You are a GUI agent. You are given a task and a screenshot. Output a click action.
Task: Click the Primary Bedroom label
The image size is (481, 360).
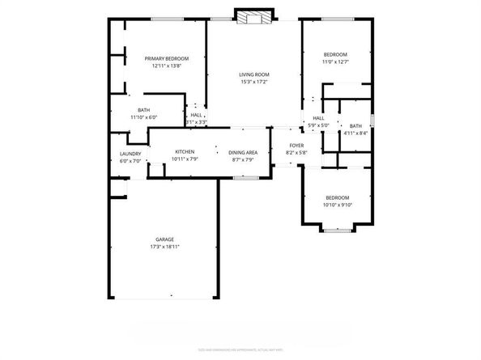[167, 58]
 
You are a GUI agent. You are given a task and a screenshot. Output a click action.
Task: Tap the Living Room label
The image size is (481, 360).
[254, 74]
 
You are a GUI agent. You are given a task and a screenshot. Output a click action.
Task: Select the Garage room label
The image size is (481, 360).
[164, 239]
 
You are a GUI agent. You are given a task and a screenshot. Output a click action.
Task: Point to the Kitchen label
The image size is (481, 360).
[185, 152]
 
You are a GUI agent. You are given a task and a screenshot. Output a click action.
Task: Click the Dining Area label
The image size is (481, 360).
[243, 152]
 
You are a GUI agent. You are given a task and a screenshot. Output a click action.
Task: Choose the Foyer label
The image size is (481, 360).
[296, 146]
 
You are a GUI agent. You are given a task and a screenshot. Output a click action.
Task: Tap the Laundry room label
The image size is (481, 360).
[130, 154]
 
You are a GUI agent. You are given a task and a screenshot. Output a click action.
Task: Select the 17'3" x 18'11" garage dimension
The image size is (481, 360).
[164, 247]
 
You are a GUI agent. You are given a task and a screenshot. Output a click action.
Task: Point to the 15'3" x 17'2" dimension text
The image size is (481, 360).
[254, 82]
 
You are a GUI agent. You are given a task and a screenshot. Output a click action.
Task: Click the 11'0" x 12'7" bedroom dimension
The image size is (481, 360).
[334, 61]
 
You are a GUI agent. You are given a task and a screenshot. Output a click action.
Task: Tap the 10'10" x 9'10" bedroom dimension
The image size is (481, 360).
[337, 205]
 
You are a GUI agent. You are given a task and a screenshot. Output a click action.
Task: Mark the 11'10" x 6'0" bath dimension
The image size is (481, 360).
[143, 117]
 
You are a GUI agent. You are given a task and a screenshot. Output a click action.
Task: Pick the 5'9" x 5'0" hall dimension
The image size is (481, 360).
[318, 125]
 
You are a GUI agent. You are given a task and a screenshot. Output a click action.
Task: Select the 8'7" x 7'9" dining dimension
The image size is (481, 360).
[243, 159]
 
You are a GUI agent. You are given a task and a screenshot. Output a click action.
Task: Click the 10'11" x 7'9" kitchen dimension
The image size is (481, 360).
[185, 159]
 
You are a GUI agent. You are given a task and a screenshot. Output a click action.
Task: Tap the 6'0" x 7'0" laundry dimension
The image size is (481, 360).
[130, 161]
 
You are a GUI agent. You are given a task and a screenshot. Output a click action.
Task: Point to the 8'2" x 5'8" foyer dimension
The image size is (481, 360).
[296, 153]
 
